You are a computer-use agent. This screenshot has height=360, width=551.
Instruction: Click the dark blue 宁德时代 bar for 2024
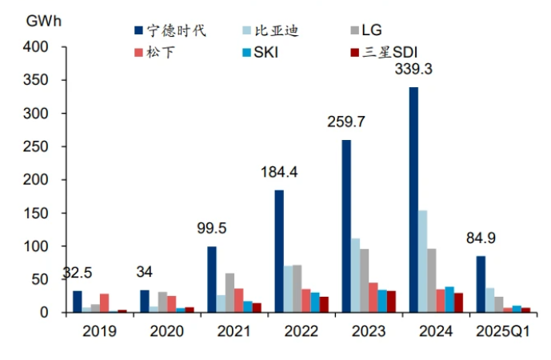coord(413,200)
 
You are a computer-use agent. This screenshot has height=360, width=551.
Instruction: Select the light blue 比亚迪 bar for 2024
coord(423,262)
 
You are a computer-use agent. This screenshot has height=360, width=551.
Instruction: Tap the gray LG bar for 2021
coord(230,293)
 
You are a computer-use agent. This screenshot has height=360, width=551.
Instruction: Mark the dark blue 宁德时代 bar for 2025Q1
coord(481,284)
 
